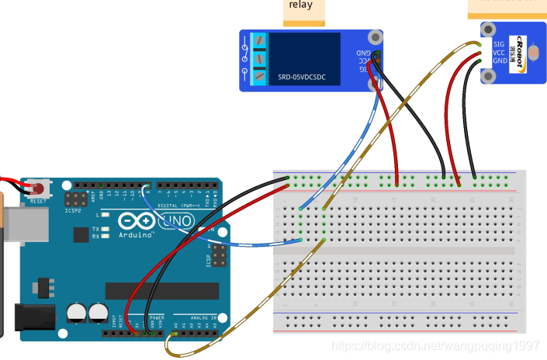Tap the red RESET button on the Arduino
pyautogui.click(x=36, y=189)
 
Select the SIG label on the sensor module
pyautogui.click(x=499, y=43)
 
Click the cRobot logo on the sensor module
pyautogui.click(x=514, y=52)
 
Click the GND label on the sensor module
pyautogui.click(x=500, y=61)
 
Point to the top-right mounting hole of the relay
pyautogui.click(x=376, y=37)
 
